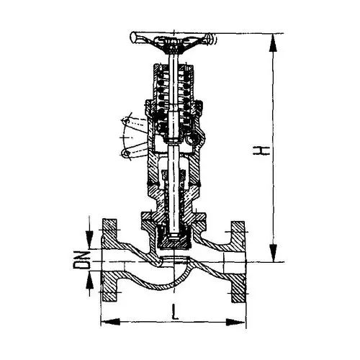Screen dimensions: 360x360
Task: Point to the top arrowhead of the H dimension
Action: (273, 42)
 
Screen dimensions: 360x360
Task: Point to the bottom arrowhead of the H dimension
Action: (273, 253)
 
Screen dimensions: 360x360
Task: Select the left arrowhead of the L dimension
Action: (110, 322)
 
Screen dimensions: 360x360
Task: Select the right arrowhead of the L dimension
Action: (235, 322)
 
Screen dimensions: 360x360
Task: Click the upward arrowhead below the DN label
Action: (89, 280)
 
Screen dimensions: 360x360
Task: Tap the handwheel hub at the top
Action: (174, 45)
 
